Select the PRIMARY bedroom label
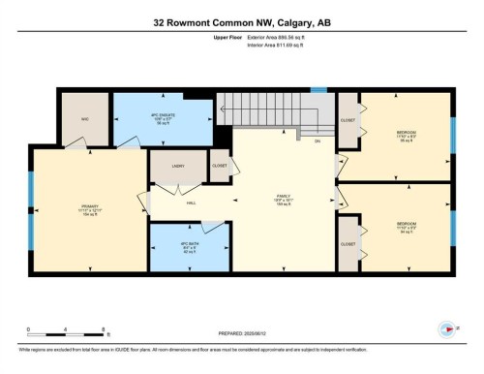tap(89, 205)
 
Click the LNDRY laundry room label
tap(178, 167)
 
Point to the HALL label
tap(192, 203)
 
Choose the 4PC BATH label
tap(188, 245)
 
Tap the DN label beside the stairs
tap(317, 141)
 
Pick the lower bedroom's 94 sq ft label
tap(406, 233)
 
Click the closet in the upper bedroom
tap(348, 122)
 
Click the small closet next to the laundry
tap(220, 166)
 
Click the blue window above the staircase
tap(318, 90)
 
